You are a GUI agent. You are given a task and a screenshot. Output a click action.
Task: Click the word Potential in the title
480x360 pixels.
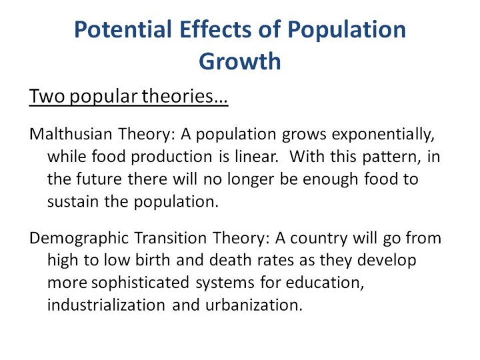tap(123, 29)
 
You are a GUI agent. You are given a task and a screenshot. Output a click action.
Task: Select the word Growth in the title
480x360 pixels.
tap(240, 62)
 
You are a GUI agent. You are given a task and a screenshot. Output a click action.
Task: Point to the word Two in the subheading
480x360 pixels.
tap(47, 96)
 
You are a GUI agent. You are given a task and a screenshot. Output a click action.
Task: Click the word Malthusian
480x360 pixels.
tap(71, 134)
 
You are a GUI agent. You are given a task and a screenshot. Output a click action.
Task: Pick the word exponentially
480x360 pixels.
tap(383, 135)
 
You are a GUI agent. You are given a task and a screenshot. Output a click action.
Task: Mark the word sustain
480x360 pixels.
tap(73, 202)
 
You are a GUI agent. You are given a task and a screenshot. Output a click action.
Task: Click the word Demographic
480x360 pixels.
tap(79, 239)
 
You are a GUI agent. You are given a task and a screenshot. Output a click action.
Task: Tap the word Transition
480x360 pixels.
tap(171, 238)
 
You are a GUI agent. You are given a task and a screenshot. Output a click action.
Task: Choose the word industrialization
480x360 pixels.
tap(106, 305)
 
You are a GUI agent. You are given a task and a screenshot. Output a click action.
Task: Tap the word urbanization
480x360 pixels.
tap(254, 305)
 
